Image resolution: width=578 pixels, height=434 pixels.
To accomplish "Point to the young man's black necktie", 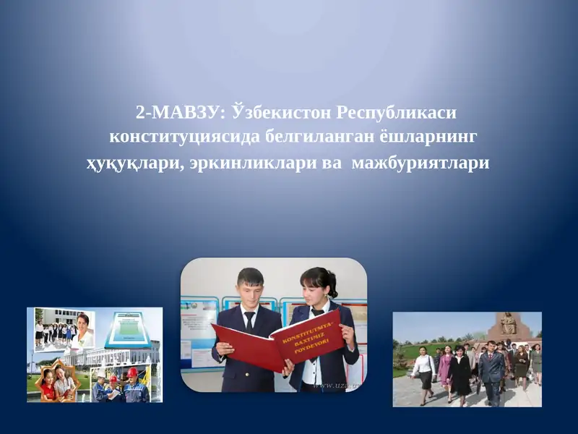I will (249, 321).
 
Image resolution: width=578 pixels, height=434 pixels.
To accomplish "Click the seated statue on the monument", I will (509, 323).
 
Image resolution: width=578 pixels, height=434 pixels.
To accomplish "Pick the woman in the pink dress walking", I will (445, 366).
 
